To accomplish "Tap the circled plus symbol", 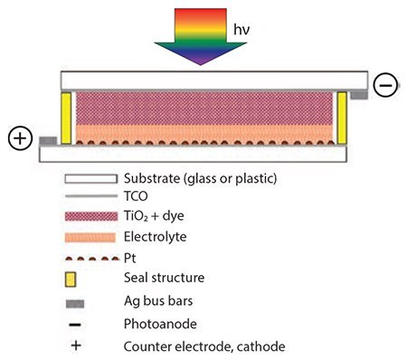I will [x=20, y=139].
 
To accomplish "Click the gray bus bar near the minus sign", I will [x=358, y=93].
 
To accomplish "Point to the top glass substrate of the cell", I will [x=203, y=80].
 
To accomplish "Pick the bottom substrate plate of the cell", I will [x=203, y=155].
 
